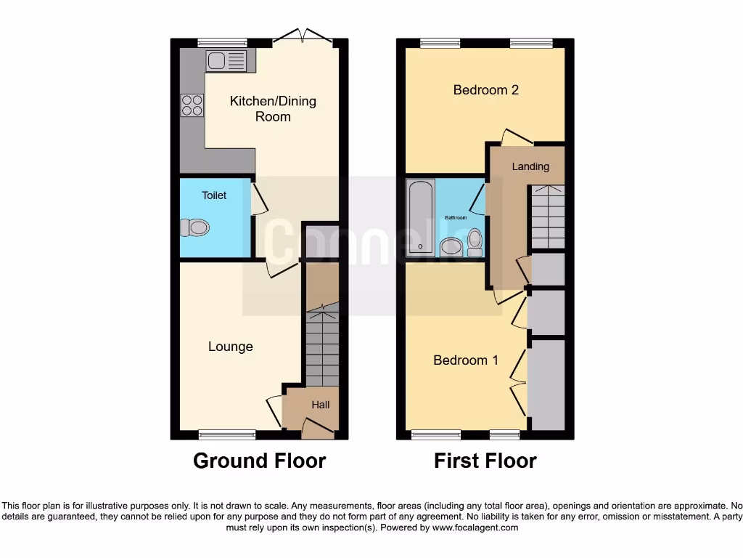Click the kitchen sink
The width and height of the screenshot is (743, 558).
(x=226, y=60)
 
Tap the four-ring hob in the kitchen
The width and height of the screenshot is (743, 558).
(x=192, y=105)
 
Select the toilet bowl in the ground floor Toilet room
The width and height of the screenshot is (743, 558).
(x=194, y=228)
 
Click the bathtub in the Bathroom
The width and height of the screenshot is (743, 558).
(x=420, y=217)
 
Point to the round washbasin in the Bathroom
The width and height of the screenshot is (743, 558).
(x=450, y=248)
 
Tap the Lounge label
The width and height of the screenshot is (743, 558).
(x=231, y=347)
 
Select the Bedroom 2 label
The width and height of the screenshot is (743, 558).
(x=486, y=90)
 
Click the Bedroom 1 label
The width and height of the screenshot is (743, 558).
(x=466, y=360)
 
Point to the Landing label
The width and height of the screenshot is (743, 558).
(x=530, y=166)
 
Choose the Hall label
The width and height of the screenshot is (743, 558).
(x=321, y=404)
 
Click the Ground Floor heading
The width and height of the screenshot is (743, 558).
(x=259, y=461)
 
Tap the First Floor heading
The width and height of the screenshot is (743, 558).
(x=485, y=461)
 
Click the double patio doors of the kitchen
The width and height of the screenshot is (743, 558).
(x=303, y=36)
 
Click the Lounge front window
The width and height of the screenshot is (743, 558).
(x=227, y=434)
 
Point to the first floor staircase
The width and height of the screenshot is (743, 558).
(x=547, y=216)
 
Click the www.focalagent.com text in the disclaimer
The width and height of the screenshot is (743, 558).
(x=475, y=528)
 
